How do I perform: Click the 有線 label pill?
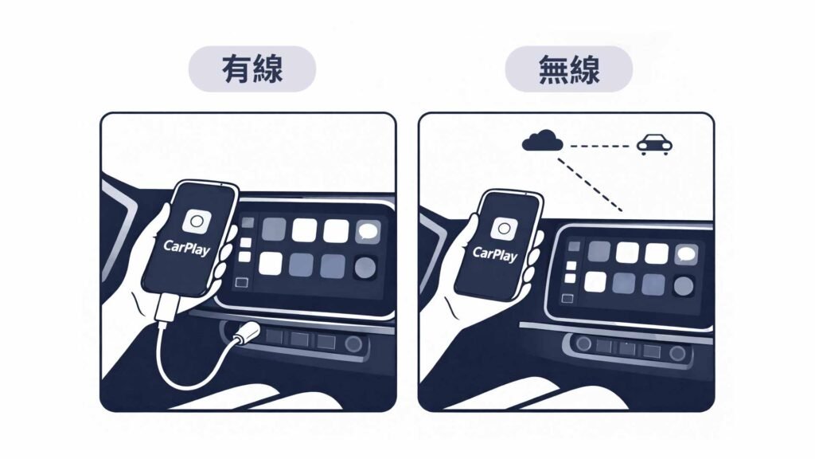pos(252,69)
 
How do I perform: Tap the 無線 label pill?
pos(568,69)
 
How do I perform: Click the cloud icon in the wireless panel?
pos(542,140)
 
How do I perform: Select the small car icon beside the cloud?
pos(654,144)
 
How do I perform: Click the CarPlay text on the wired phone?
pos(186,247)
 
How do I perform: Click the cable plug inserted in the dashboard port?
pos(246,332)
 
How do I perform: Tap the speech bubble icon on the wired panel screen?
pos(368,232)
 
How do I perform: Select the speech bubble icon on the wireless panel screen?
pos(685,254)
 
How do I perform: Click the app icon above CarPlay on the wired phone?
pos(197,222)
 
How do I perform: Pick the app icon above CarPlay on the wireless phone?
pos(504,229)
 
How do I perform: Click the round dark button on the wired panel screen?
pos(365,268)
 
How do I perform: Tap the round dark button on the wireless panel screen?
pos(684,286)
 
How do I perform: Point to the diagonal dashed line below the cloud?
pos(590,185)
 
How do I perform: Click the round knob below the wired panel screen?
pos(353,344)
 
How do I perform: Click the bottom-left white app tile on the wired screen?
pos(271,263)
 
